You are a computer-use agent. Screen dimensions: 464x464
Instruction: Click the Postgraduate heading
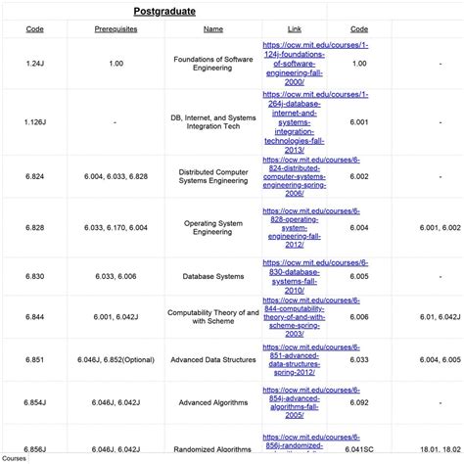(164, 13)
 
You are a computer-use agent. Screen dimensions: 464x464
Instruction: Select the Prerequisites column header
(116, 30)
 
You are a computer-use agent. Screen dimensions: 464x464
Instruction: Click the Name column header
(213, 30)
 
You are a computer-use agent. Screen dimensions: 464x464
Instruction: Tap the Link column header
(295, 30)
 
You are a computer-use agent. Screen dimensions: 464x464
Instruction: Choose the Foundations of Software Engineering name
(213, 64)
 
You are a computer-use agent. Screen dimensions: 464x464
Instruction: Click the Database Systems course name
(213, 276)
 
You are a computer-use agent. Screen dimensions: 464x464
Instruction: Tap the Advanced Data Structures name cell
(213, 360)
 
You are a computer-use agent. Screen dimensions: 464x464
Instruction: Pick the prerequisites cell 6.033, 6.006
(116, 276)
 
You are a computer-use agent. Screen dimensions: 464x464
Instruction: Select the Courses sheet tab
(15, 457)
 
